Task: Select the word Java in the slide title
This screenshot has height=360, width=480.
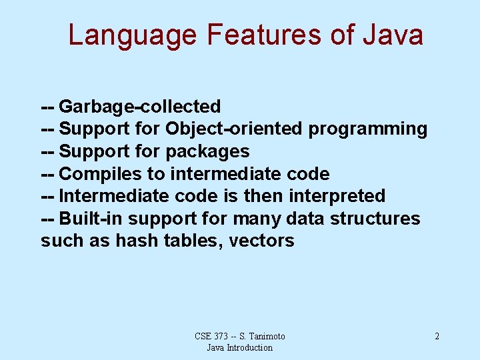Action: (393, 35)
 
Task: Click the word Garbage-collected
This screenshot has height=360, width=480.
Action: (140, 106)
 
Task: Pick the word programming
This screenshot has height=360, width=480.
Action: (367, 129)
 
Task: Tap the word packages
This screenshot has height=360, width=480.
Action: (207, 151)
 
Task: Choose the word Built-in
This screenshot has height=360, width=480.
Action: (91, 219)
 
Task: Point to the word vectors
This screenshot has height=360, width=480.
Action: (261, 241)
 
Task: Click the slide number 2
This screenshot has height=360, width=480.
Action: (437, 336)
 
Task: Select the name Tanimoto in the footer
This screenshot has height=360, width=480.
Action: (265, 336)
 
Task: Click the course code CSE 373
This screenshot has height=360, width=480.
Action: (211, 336)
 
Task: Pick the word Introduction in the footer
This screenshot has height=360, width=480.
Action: (249, 347)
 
